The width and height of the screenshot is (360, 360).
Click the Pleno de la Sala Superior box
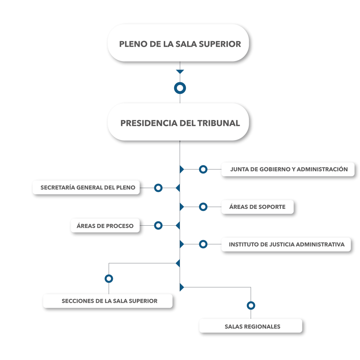tap(178, 43)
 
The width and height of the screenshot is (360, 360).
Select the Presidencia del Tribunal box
tap(178, 122)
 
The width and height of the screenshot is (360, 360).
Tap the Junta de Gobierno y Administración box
tap(288, 169)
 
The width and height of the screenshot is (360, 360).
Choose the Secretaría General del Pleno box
tap(86, 188)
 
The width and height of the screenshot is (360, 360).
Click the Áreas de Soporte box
tap(257, 207)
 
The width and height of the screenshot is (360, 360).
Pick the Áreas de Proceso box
tap(105, 226)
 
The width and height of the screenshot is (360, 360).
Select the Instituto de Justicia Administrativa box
tap(286, 244)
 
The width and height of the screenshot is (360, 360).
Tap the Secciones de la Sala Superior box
tap(108, 301)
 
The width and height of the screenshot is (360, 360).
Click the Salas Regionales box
tap(251, 326)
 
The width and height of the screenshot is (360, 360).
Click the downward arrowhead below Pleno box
tap(180, 72)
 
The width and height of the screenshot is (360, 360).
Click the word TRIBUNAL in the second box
tap(219, 123)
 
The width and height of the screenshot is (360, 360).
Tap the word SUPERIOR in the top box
tap(220, 44)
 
